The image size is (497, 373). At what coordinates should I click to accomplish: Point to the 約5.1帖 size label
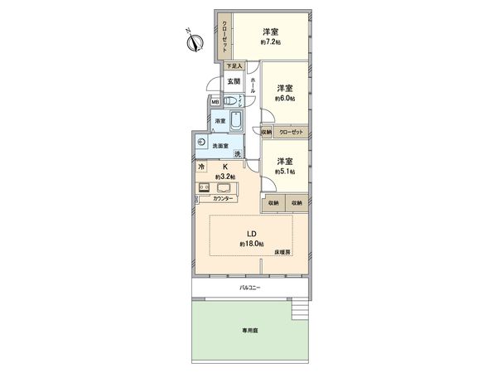click(285, 172)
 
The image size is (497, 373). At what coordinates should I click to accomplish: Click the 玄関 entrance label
click(234, 82)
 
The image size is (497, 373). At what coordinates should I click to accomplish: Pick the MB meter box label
click(215, 103)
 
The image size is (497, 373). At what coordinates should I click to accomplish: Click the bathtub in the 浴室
click(236, 122)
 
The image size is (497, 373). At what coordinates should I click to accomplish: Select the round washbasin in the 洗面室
click(203, 141)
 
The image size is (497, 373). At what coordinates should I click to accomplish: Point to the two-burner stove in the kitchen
click(204, 187)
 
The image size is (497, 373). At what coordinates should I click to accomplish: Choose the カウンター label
click(221, 199)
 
